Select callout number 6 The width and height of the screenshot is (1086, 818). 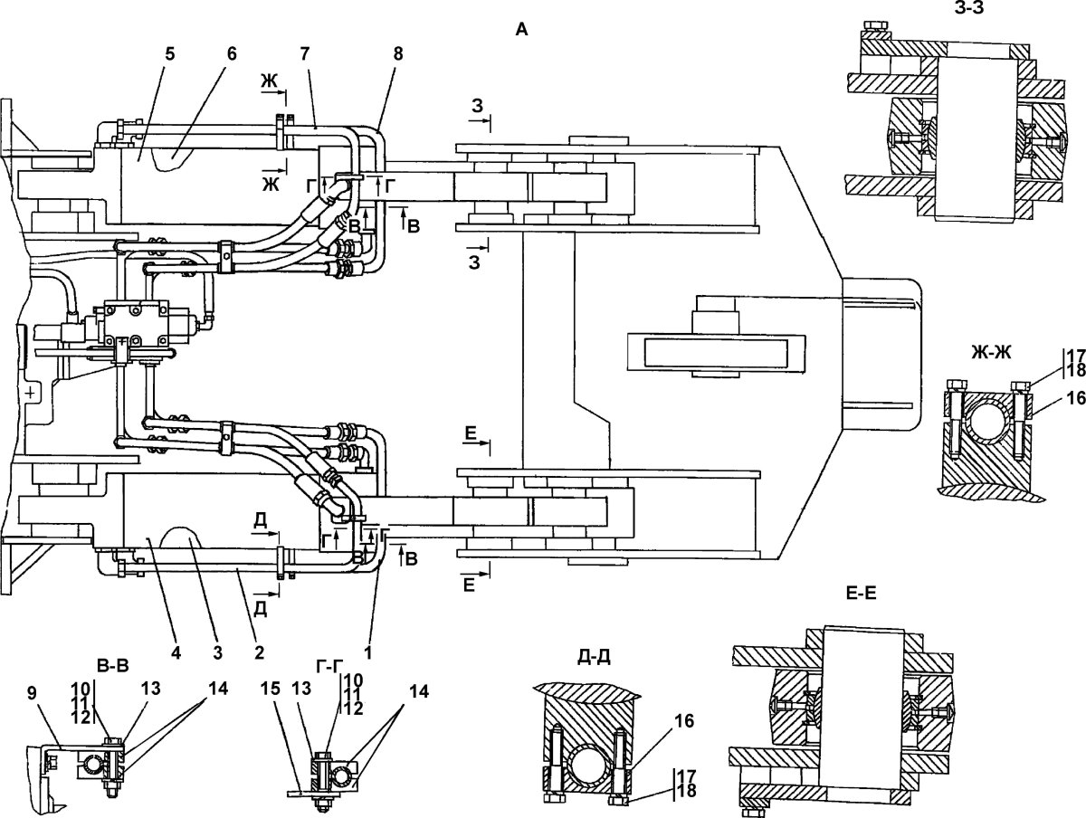(232, 52)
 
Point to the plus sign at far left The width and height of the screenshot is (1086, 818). (33, 394)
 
